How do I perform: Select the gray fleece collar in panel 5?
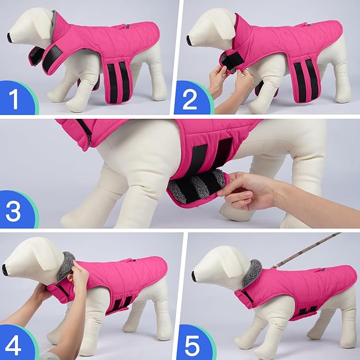(x=252, y=271)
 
